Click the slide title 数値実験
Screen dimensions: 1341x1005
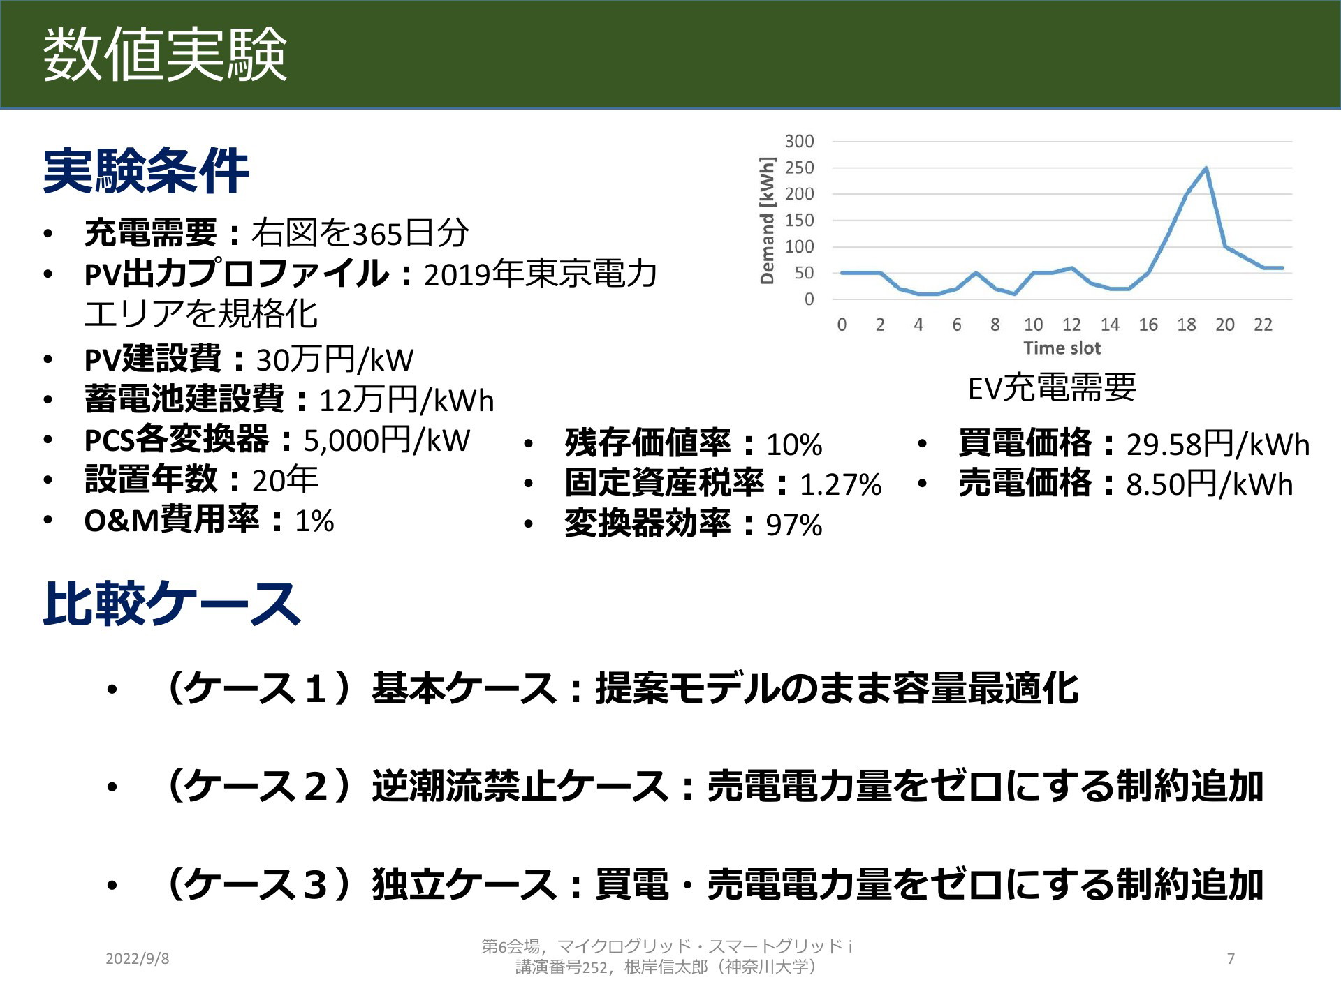tap(165, 54)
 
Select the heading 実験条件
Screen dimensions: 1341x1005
tap(146, 170)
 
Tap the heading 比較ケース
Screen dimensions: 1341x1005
tap(172, 604)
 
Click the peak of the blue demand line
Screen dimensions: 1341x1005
tap(1206, 168)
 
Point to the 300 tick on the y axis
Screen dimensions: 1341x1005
tap(799, 141)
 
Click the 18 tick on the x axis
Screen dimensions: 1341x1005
tap(1186, 325)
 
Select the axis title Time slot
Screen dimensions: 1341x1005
tap(1062, 348)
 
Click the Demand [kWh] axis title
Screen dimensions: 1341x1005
tap(768, 221)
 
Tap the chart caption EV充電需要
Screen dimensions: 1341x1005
tap(1052, 388)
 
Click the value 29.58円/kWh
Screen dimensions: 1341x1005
tap(1217, 445)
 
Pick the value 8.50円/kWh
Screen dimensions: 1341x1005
tap(1209, 484)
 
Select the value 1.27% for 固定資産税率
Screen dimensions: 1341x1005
tap(840, 484)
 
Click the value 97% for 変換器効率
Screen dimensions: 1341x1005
tap(793, 525)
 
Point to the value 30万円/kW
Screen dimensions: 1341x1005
tap(335, 360)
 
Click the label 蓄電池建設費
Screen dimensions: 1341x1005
tap(184, 400)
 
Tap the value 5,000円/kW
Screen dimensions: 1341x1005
tap(386, 440)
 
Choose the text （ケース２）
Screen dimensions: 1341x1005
tap(256, 786)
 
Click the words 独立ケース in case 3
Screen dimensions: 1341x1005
tap(464, 884)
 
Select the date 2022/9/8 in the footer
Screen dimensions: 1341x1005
tap(137, 958)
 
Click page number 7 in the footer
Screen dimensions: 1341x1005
tap(1231, 958)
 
